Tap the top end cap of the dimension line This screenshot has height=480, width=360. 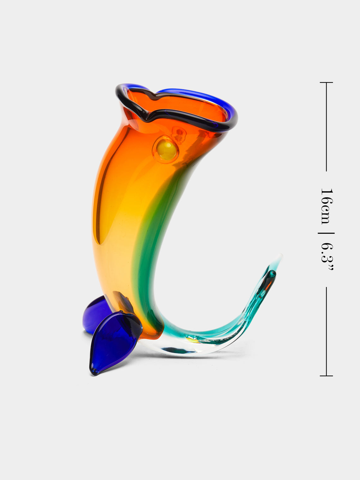326,82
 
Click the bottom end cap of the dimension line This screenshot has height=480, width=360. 326,376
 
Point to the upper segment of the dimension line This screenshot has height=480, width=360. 326,126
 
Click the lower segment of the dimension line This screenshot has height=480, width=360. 326,332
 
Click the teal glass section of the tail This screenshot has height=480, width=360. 240,319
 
